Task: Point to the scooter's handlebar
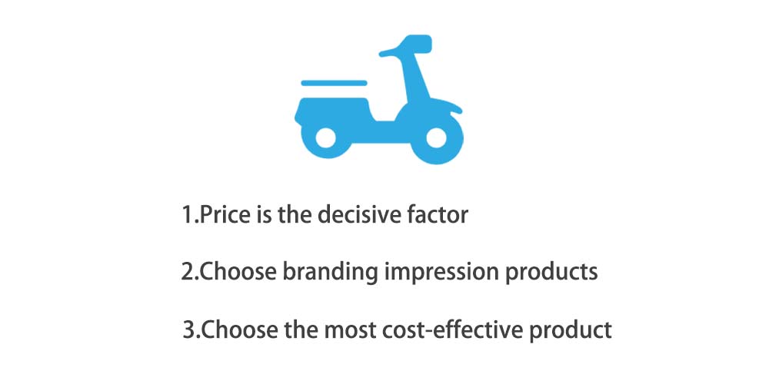point(392,51)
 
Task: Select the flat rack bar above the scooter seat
point(334,83)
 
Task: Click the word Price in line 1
point(225,214)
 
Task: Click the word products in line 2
point(551,271)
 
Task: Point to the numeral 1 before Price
point(188,215)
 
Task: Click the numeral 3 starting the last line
point(189,329)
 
